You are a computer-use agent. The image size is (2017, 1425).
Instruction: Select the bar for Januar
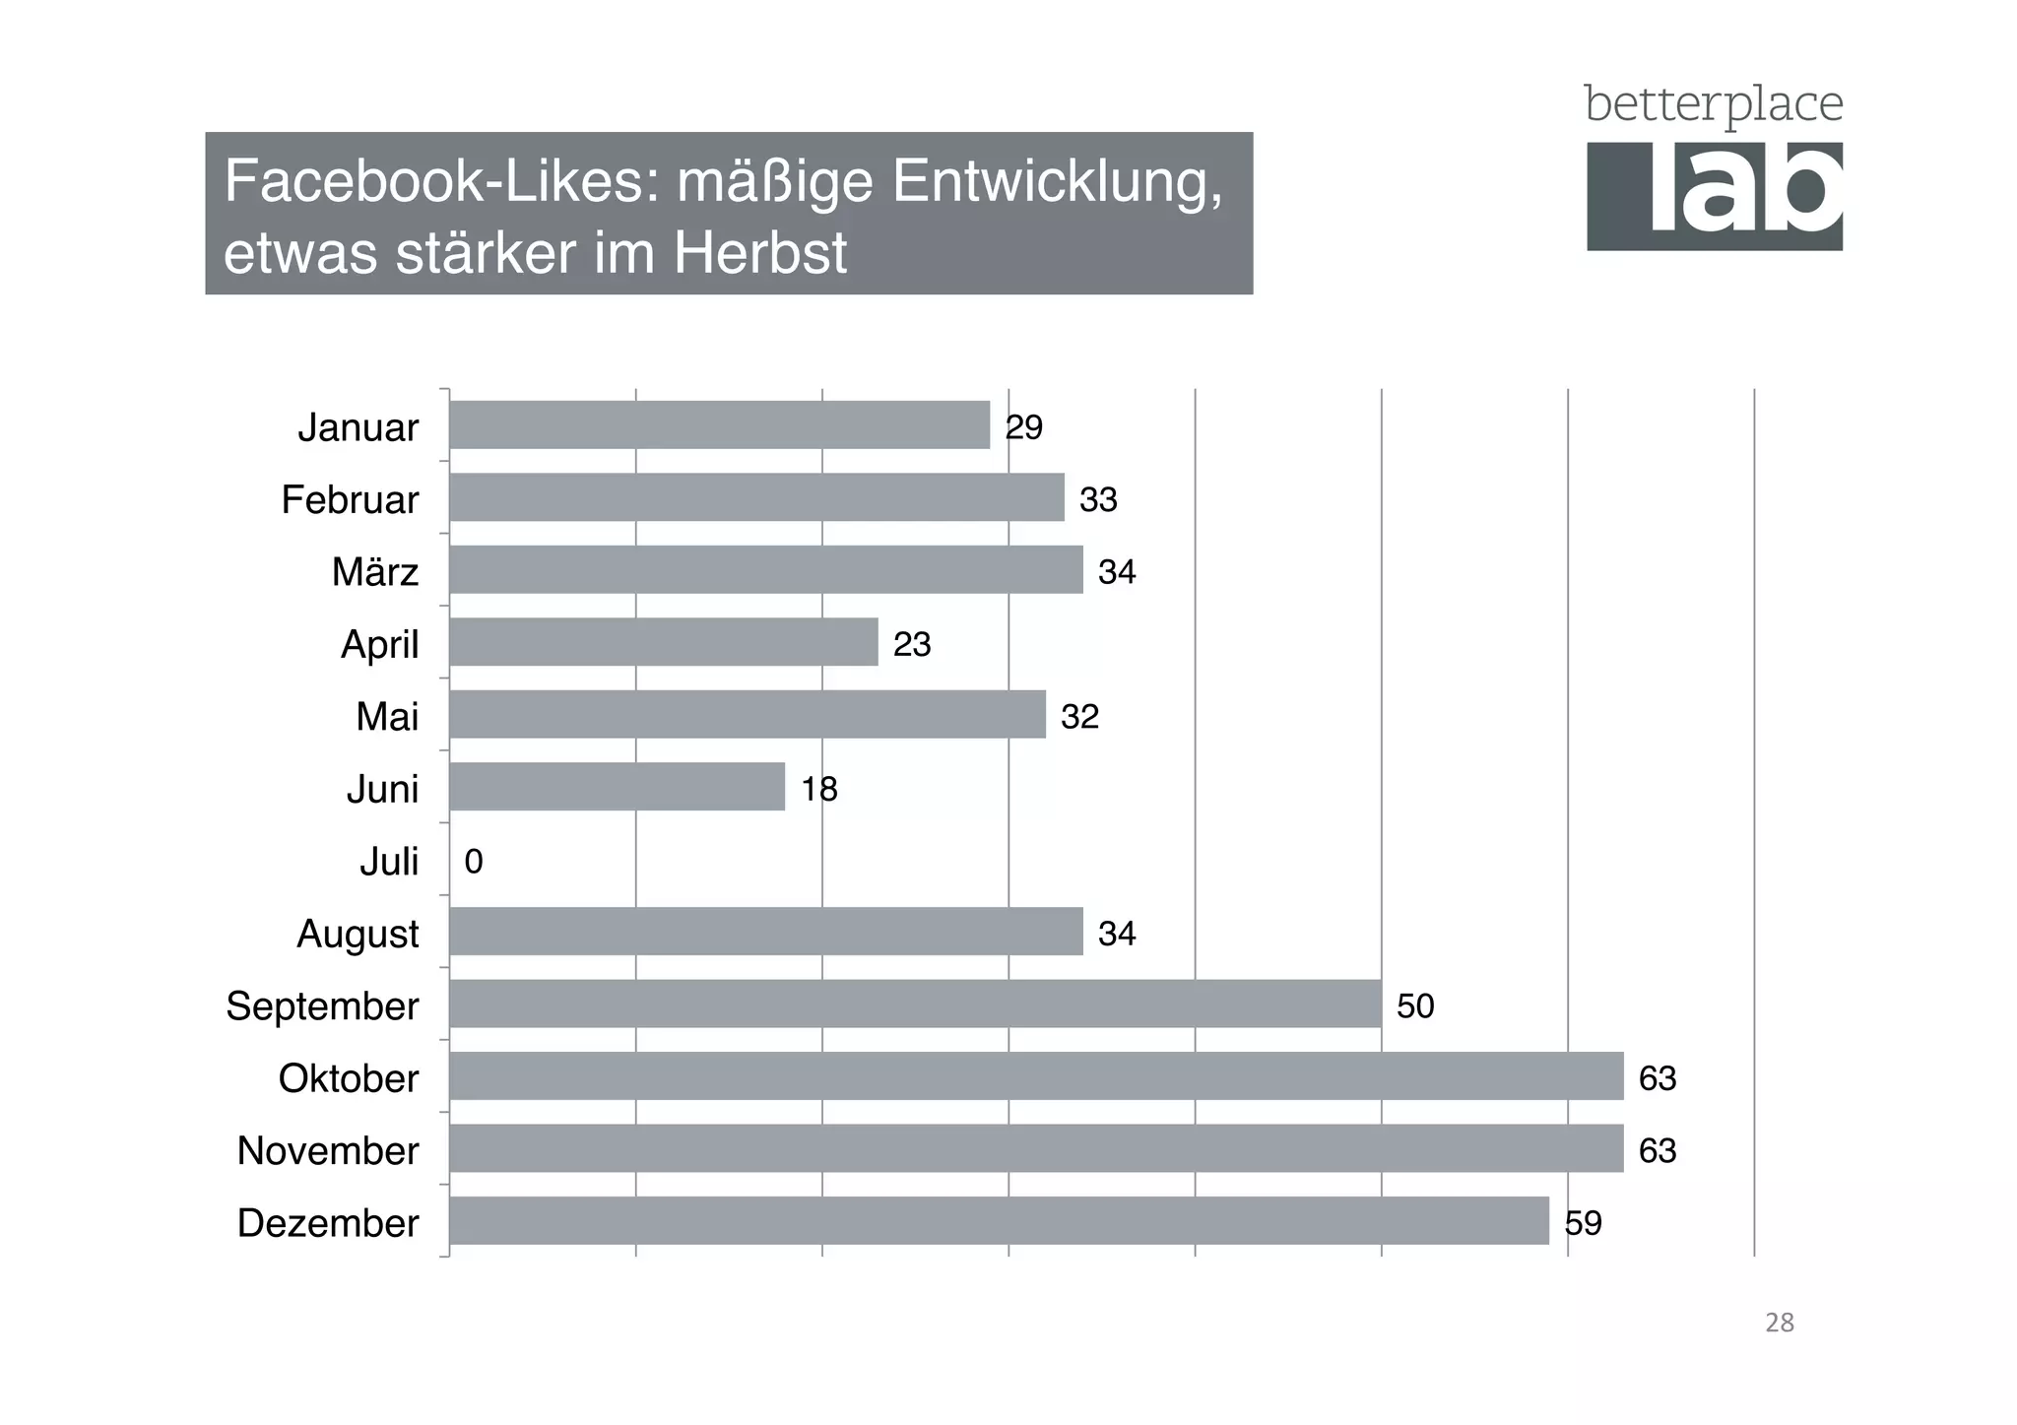[x=719, y=425]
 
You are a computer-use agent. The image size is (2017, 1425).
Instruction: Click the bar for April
[x=663, y=642]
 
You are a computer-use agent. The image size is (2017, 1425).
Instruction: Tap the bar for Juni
[x=617, y=787]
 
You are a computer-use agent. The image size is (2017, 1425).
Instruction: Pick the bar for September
[x=915, y=1004]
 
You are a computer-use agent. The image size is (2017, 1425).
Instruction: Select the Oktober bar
[x=1036, y=1076]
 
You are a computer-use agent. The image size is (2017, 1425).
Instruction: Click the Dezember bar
[x=999, y=1221]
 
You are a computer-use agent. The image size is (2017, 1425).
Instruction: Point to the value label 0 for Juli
[x=474, y=862]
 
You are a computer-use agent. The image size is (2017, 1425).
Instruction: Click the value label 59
[x=1583, y=1223]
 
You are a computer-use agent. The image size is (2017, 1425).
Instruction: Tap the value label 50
[x=1415, y=1005]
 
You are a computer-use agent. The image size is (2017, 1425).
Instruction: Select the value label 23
[x=912, y=644]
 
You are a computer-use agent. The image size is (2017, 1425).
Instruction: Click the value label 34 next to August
[x=1117, y=934]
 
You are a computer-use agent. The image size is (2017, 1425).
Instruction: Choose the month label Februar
[x=350, y=500]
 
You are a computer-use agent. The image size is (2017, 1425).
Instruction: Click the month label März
[x=375, y=572]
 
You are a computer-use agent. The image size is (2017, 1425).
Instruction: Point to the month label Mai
[x=387, y=717]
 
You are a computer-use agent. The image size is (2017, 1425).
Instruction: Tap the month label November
[x=328, y=1150]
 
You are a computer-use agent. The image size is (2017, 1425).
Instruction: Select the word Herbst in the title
[x=760, y=253]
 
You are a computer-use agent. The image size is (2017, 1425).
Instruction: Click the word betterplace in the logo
[x=1713, y=104]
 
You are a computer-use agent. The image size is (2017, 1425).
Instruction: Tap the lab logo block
[x=1714, y=196]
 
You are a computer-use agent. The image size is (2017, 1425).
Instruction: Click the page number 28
[x=1779, y=1323]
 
